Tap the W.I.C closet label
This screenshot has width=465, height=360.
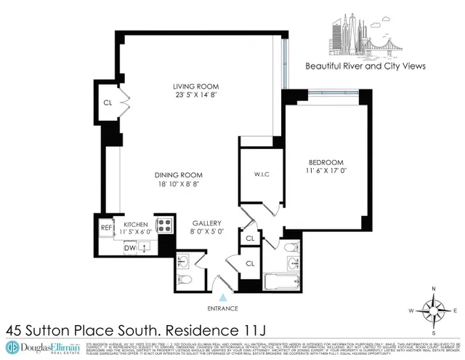pyautogui.click(x=262, y=173)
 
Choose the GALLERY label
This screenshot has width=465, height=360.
pyautogui.click(x=207, y=223)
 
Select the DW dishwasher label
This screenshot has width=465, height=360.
pyautogui.click(x=129, y=247)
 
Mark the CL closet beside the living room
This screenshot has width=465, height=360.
pyautogui.click(x=108, y=103)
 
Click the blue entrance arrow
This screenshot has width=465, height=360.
pyautogui.click(x=224, y=297)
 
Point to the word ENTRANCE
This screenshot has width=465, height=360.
pyautogui.click(x=224, y=308)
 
